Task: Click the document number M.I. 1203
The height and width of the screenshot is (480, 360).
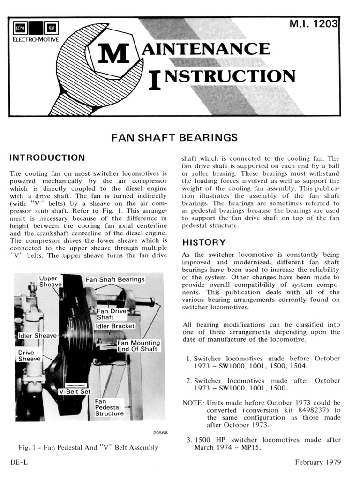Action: [314, 24]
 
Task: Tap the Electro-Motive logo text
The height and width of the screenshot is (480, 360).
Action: [35, 40]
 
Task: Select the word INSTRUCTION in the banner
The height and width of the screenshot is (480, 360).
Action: [222, 76]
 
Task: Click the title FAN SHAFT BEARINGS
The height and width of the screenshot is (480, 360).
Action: [174, 138]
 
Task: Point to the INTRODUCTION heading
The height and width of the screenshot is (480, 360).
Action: [47, 157]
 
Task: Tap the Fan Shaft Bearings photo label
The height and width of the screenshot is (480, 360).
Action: [115, 279]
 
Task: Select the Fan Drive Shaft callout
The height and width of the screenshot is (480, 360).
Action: [108, 314]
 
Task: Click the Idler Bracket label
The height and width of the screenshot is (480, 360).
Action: [115, 326]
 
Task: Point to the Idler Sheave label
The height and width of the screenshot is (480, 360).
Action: [37, 336]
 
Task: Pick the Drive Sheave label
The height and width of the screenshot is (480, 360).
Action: [29, 356]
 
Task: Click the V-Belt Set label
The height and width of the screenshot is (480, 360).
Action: [74, 391]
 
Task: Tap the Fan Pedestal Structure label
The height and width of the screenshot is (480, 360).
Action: [109, 407]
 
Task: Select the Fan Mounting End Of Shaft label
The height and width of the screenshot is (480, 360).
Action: [138, 345]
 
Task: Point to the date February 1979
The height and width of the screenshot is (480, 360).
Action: [318, 462]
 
